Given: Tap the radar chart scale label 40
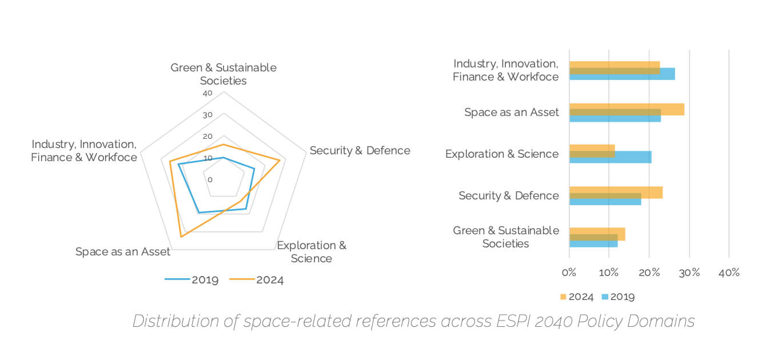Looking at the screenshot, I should [x=207, y=93].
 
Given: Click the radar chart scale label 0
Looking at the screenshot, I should [x=210, y=179].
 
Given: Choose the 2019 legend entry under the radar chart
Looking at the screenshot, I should [x=192, y=279].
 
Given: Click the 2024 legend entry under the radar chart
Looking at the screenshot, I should [x=257, y=279].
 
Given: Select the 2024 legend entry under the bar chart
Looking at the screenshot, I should [x=576, y=297].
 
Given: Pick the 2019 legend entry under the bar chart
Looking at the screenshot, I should [x=617, y=297].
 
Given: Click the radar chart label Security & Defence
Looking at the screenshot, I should [x=360, y=150].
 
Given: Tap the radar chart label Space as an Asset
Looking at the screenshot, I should [x=123, y=251].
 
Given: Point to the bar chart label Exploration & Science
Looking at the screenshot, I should [x=501, y=154].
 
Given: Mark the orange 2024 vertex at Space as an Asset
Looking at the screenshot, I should [x=181, y=236].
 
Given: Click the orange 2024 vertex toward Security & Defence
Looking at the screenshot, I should [x=280, y=161].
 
